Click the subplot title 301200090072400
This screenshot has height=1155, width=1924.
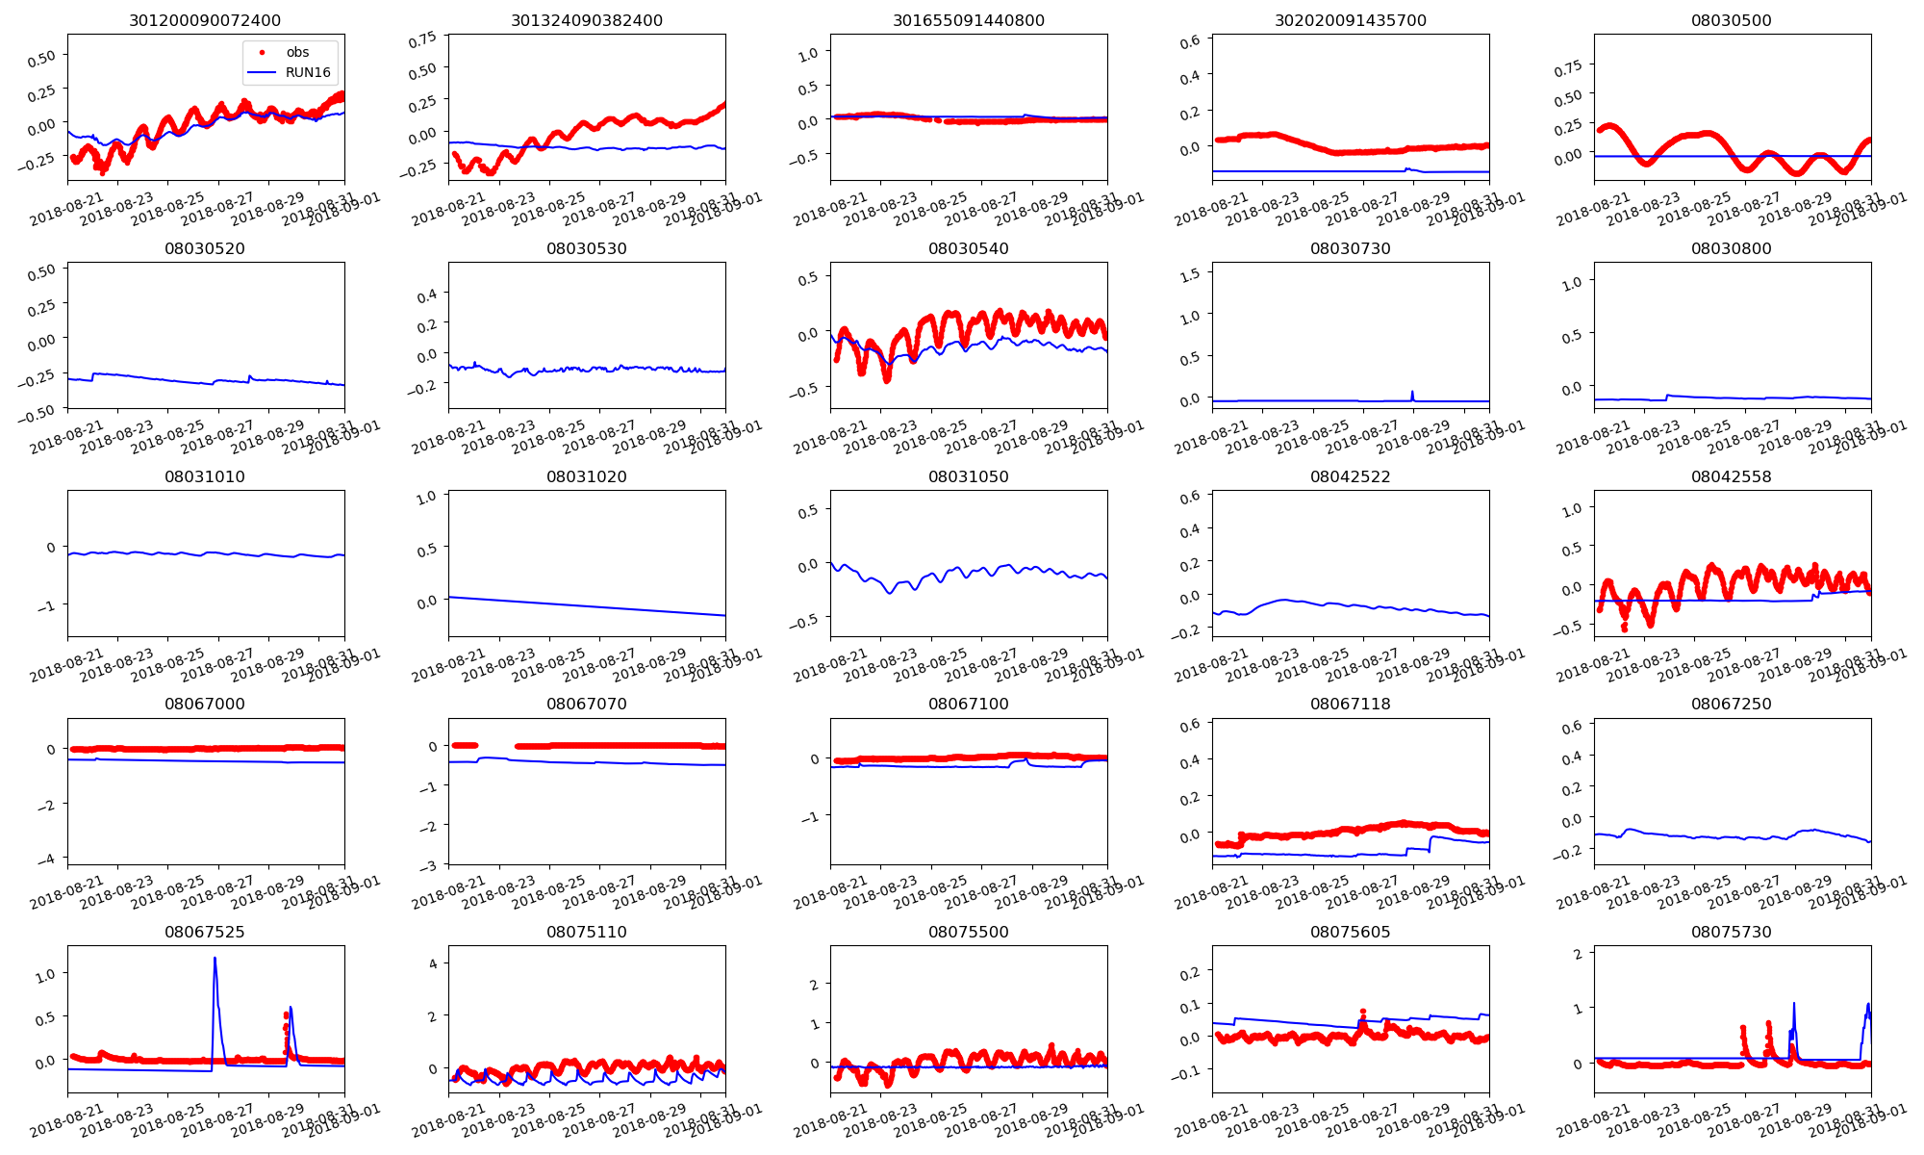(x=205, y=20)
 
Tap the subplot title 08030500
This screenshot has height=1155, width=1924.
(x=1731, y=20)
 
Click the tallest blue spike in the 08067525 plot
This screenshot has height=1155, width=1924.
(x=215, y=959)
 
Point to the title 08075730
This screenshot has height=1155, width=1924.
(x=1731, y=932)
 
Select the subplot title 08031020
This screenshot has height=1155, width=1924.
(x=586, y=476)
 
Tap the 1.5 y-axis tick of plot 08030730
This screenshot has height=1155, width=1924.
(x=1190, y=274)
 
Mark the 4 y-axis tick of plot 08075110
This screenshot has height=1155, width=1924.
(x=433, y=962)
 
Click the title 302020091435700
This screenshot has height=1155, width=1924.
(x=1350, y=20)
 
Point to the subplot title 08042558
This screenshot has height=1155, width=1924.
(x=1731, y=476)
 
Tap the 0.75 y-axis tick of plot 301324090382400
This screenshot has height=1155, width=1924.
(x=422, y=40)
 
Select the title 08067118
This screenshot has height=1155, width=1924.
(x=1350, y=704)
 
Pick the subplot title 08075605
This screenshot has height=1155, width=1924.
(x=1350, y=932)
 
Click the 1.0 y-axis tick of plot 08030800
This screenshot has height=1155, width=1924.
(x=1572, y=282)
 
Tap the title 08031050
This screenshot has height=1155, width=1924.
(x=968, y=476)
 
